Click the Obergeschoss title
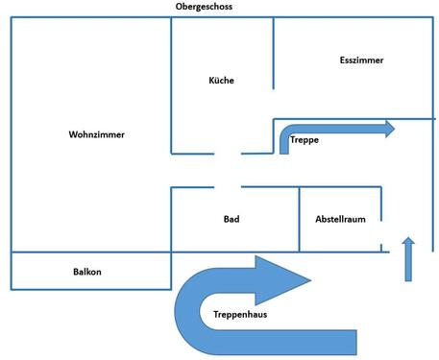click(204, 7)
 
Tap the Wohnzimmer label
click(97, 134)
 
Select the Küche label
click(221, 81)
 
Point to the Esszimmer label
click(361, 60)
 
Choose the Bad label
click(232, 220)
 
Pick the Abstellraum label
click(341, 220)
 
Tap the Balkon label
click(87, 272)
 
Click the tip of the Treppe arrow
click(393, 129)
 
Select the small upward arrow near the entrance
click(407, 257)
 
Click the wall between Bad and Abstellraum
click(299, 220)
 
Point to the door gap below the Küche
click(228, 153)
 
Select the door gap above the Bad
click(228, 187)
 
